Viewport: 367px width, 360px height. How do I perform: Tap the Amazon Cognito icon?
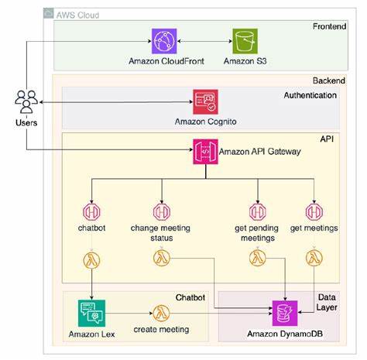(x=206, y=101)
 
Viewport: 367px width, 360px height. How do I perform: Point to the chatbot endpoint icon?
(x=92, y=211)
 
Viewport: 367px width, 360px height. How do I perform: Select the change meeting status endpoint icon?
(x=162, y=211)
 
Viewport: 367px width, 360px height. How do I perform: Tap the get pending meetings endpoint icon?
(x=255, y=211)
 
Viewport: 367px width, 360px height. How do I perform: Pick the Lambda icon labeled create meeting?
(x=162, y=313)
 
